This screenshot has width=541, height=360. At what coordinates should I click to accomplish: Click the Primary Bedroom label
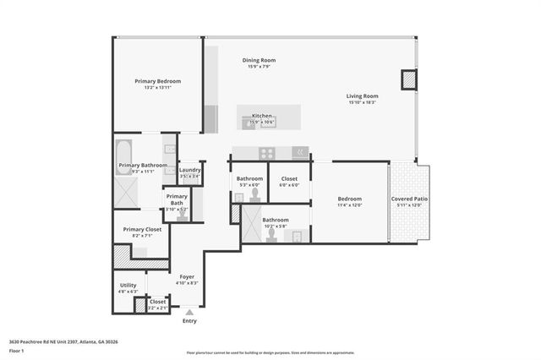[158, 82]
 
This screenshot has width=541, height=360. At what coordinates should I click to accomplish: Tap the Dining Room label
[260, 61]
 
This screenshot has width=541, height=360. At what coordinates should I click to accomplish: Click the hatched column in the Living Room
[409, 80]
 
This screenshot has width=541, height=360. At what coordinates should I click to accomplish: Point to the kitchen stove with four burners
[267, 153]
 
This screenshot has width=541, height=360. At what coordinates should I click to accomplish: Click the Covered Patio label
[409, 199]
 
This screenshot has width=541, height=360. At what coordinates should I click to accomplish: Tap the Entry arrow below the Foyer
[189, 312]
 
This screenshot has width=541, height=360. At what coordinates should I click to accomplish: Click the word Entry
[189, 321]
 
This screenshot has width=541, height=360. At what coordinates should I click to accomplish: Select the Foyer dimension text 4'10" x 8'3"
[187, 283]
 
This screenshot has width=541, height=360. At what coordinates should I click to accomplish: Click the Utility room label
[128, 286]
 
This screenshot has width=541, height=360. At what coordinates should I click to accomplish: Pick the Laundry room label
[189, 170]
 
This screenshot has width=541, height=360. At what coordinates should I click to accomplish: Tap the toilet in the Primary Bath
[179, 215]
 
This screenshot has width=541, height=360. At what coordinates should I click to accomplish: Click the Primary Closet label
[142, 229]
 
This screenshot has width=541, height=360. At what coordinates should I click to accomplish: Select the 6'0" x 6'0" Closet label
[289, 185]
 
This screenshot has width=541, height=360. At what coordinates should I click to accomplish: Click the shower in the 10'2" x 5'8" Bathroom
[251, 225]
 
